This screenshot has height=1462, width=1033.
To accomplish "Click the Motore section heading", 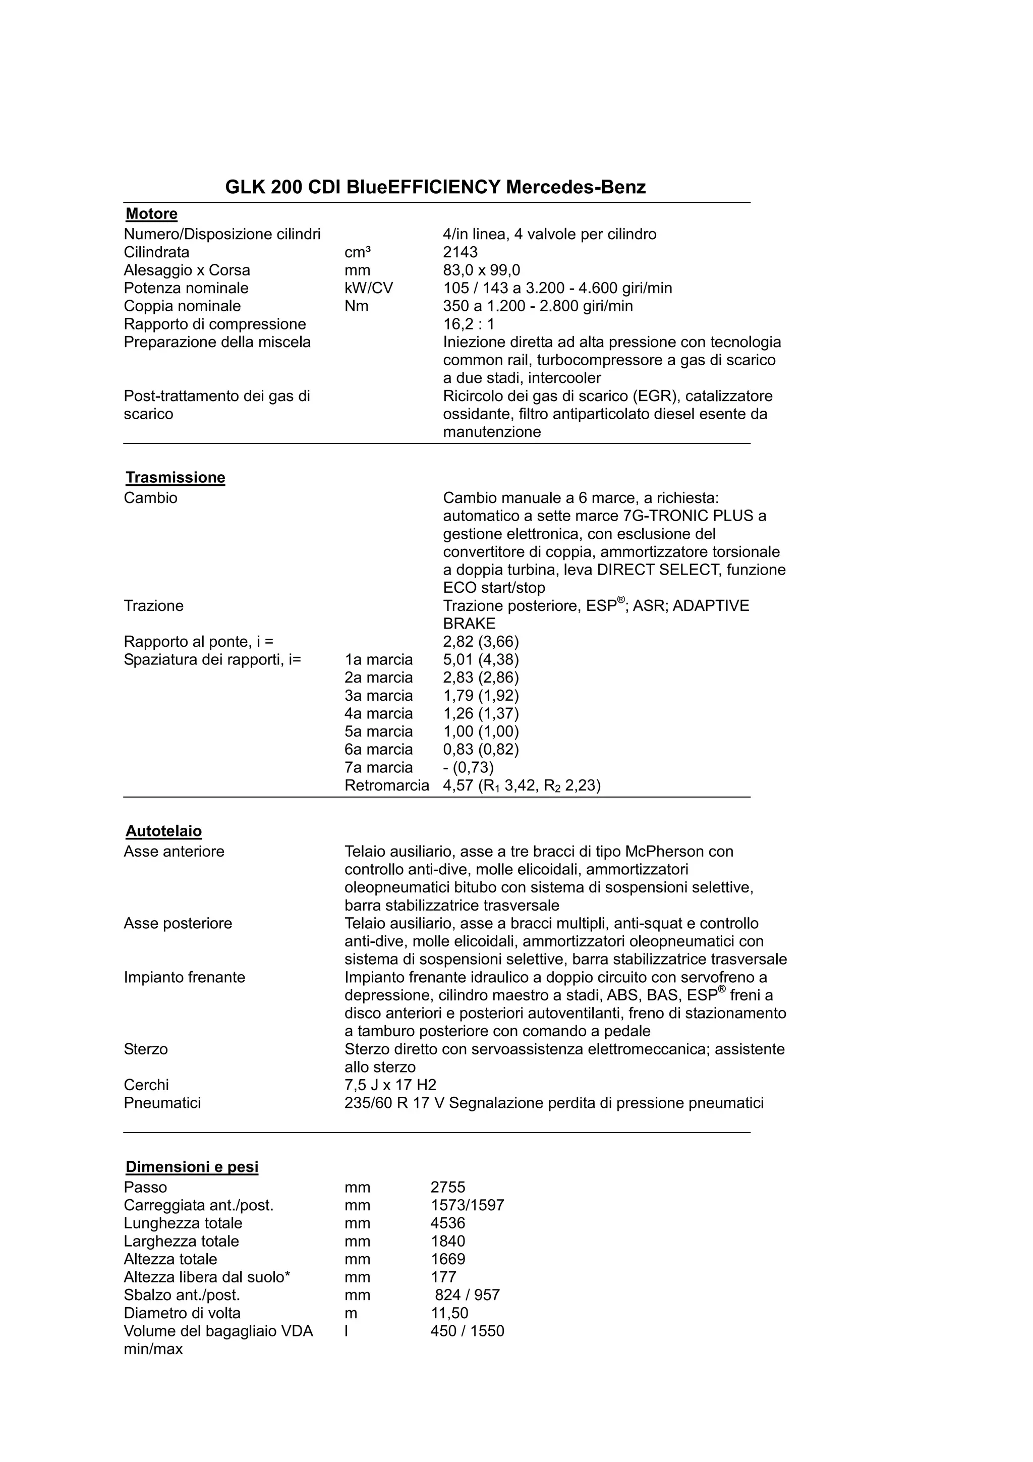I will tap(151, 214).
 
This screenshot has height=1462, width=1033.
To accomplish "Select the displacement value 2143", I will tap(460, 252).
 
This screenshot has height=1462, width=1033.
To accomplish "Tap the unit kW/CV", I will tap(369, 289).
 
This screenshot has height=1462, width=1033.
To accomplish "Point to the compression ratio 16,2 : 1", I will tap(469, 324).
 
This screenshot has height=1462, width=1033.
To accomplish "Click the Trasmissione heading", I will tap(175, 478).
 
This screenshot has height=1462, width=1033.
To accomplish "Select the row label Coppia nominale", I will tap(182, 306).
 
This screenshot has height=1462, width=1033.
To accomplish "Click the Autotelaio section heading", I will tap(163, 831).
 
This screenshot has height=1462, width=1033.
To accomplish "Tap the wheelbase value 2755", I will tap(447, 1187).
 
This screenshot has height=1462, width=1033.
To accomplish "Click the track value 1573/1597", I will tap(467, 1205).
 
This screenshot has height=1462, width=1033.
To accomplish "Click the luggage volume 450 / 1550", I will tap(467, 1331).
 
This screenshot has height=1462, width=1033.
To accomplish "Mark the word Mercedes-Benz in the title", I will tap(576, 187).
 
